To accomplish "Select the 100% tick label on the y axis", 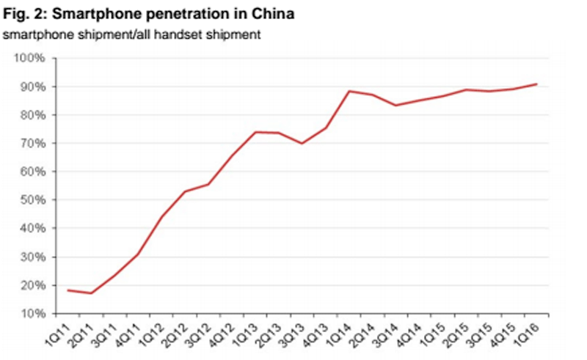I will (33, 58).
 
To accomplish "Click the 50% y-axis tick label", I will (35, 200).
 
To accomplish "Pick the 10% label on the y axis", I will (35, 314).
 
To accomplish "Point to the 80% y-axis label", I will (35, 115).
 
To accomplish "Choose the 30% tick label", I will (35, 257).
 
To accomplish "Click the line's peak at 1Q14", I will (349, 91).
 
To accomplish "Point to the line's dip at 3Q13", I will (302, 143).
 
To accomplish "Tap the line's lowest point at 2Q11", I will (91, 293).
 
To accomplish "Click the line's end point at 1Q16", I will (536, 84).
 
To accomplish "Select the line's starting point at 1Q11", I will (68, 290).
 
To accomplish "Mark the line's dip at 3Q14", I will (395, 105).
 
